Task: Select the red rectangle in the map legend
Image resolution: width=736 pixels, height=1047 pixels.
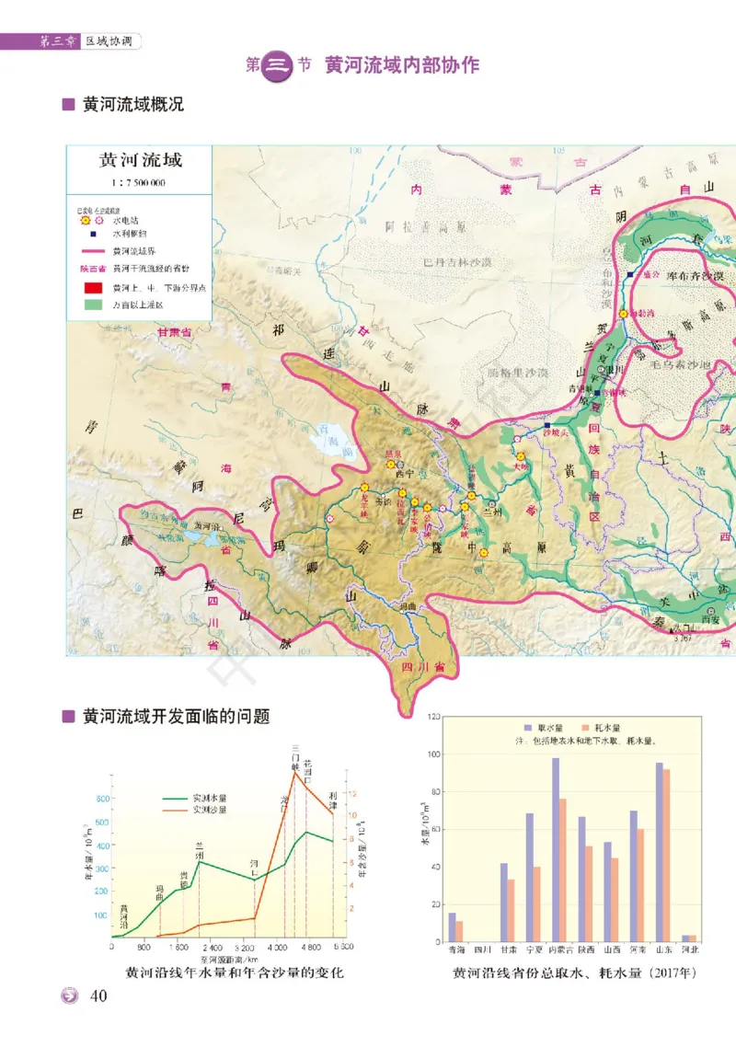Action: [x=88, y=288]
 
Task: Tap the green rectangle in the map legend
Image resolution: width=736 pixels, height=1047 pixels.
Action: [x=88, y=305]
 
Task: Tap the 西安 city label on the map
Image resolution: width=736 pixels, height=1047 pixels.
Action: [x=708, y=620]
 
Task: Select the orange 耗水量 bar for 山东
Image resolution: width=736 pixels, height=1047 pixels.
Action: [x=666, y=855]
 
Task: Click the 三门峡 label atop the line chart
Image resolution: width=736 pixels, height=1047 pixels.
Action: [x=295, y=756]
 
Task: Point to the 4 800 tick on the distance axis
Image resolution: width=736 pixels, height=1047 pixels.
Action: [x=310, y=947]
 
